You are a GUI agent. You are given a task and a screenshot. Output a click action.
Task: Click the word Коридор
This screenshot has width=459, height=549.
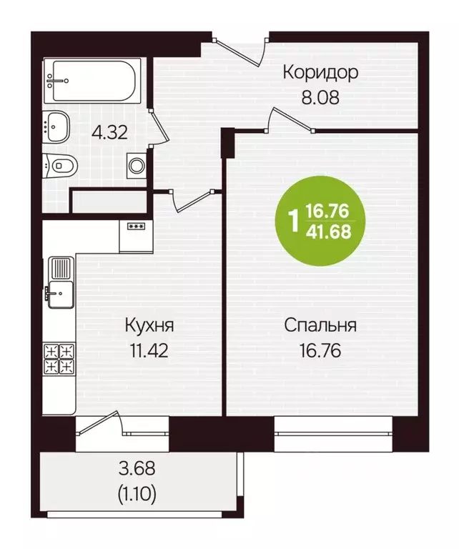coord(320,72)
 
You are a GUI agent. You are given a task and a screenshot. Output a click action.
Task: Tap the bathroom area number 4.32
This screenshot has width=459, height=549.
coord(109,132)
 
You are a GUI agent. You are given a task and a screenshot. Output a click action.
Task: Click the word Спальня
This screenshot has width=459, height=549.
coord(320,326)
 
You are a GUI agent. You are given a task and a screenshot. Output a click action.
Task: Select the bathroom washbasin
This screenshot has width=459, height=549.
coord(56,127)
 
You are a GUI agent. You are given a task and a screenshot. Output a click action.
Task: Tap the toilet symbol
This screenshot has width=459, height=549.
coord(59,167)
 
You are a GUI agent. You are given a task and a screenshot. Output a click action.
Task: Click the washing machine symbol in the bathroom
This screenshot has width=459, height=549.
coord(137,164)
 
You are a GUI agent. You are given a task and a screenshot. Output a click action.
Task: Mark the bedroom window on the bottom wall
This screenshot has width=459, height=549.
coord(334,435)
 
